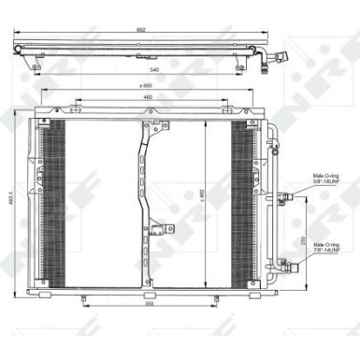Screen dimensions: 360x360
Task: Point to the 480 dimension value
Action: coord(148,97)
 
